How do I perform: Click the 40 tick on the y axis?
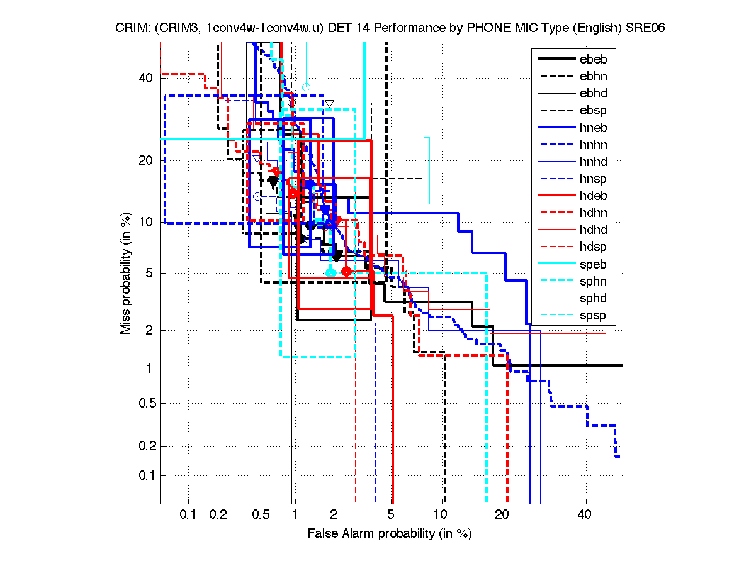pyautogui.click(x=145, y=78)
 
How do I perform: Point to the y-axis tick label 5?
pyautogui.click(x=149, y=273)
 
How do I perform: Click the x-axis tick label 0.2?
pyautogui.click(x=218, y=515)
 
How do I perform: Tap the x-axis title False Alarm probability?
pyautogui.click(x=390, y=534)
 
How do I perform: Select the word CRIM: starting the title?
pyautogui.click(x=131, y=28)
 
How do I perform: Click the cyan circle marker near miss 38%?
pyautogui.click(x=306, y=87)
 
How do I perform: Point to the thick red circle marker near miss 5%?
pyautogui.click(x=346, y=271)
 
